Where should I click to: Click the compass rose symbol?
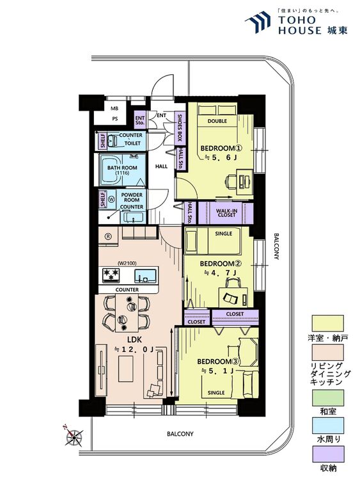click(x=74, y=436)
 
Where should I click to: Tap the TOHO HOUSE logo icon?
click(x=258, y=21)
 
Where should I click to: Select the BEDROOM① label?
click(x=221, y=148)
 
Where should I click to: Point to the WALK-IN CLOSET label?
click(x=226, y=213)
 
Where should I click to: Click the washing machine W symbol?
click(x=111, y=200)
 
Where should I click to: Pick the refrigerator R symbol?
click(x=107, y=236)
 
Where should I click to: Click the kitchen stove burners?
click(x=111, y=274)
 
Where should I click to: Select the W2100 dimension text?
click(x=127, y=262)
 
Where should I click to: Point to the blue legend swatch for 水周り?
click(x=328, y=426)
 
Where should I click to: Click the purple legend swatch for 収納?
click(x=328, y=454)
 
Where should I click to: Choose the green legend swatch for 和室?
click(x=328, y=397)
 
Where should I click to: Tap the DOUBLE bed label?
click(x=217, y=121)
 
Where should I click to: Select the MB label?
click(x=114, y=108)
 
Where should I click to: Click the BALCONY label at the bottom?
click(x=180, y=434)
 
